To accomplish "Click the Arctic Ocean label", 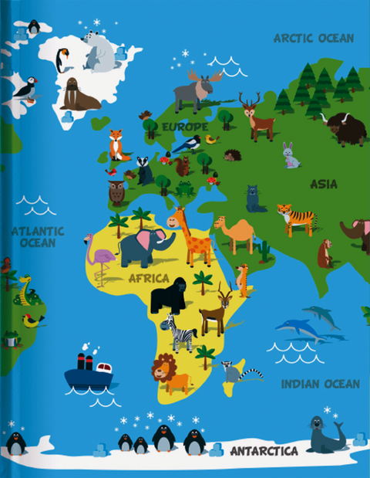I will pos(314,38).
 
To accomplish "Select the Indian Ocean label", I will pos(320,384).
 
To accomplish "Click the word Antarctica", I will pos(264,450).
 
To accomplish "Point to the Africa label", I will pos(149,278).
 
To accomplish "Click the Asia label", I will pos(324,184).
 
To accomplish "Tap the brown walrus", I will pos(78,95).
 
